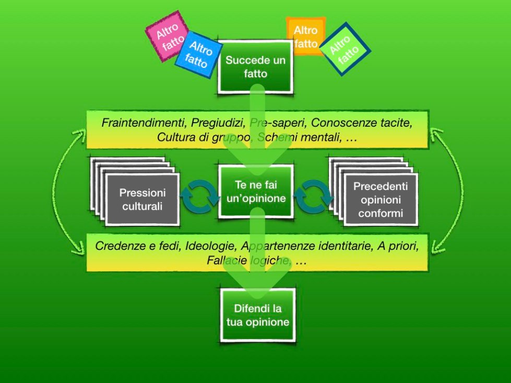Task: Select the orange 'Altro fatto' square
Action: tap(305, 36)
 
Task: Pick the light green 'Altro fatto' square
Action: tap(344, 49)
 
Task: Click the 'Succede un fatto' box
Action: tap(255, 67)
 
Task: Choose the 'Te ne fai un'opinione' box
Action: tap(255, 191)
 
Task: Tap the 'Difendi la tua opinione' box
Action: tap(257, 316)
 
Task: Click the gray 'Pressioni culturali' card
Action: tap(142, 199)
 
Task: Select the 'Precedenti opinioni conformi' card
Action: tap(381, 199)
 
